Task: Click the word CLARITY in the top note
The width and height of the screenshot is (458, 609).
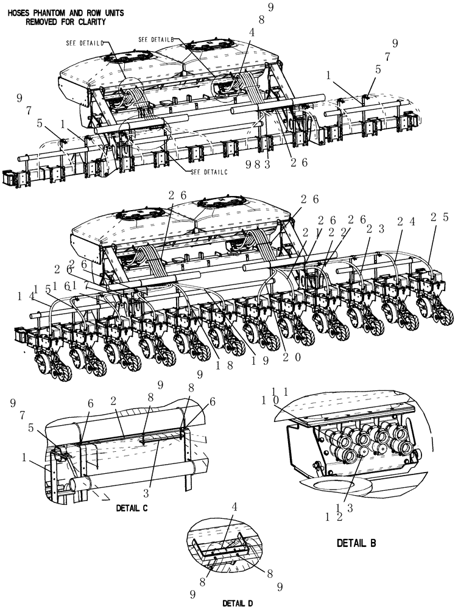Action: pyautogui.click(x=89, y=22)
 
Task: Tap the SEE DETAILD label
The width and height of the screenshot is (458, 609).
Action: pyautogui.click(x=85, y=43)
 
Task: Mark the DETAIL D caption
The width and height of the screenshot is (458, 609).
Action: pyautogui.click(x=238, y=602)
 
